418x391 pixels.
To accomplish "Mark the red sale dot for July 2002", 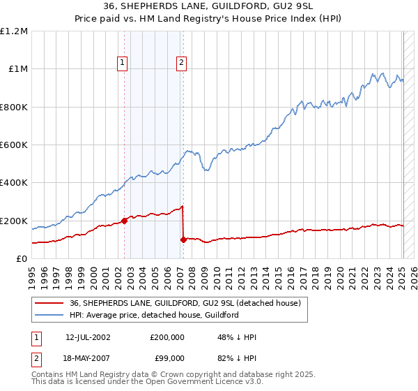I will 125,221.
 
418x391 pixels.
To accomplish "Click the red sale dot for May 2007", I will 183,239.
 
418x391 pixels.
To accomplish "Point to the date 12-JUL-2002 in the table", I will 88,337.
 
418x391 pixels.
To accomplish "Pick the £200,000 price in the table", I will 167,337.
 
